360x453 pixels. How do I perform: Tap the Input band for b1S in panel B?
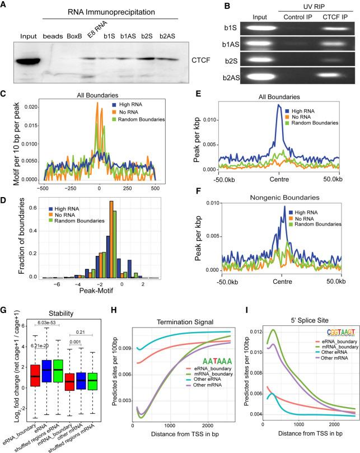pos(245,40)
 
